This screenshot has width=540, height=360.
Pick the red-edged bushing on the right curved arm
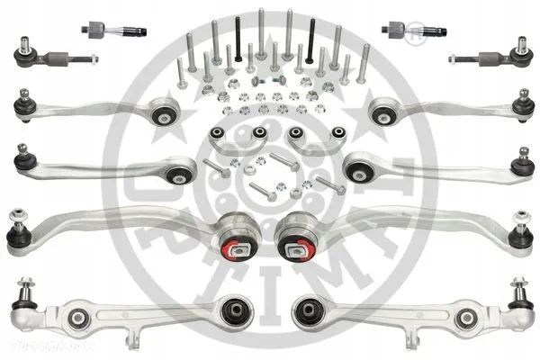coord(296,246)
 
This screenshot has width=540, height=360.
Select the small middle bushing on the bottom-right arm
coord(464,319)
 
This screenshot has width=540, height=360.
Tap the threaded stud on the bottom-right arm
coord(520,290)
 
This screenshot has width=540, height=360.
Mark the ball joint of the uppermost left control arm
coord(24,106)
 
